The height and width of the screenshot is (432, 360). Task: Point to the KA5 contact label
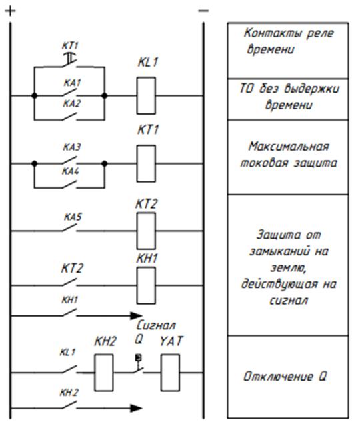[x=73, y=217]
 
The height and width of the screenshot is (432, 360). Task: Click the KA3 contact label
[x=72, y=147]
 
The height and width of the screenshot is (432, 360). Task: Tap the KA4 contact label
[x=71, y=171]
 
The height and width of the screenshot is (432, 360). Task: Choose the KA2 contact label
[x=72, y=103]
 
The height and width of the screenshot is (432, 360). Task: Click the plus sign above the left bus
[x=11, y=11]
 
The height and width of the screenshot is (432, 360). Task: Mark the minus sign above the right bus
[x=203, y=11]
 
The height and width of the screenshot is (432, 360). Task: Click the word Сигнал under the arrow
[x=156, y=325]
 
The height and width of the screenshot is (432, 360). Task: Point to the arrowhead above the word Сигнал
[x=137, y=316]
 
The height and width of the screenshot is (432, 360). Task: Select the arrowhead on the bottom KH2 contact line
[x=137, y=408]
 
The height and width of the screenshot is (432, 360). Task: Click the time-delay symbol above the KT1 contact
[x=70, y=57]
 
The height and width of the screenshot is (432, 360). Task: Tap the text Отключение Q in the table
[x=285, y=377]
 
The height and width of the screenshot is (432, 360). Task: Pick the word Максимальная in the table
[x=289, y=146]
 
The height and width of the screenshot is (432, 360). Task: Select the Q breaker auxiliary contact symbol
[x=139, y=364]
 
